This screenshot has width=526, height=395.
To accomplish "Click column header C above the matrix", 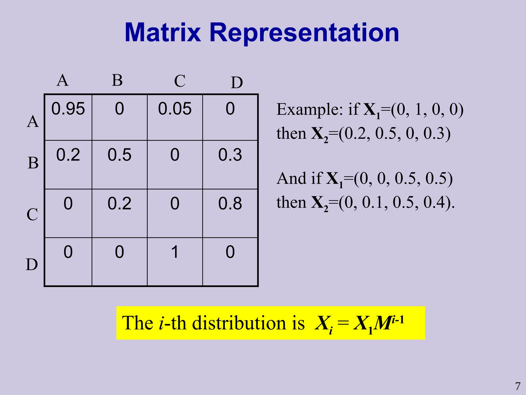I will (180, 81).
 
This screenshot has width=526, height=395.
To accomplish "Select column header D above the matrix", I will (237, 83).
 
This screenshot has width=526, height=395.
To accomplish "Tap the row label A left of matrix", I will (33, 121).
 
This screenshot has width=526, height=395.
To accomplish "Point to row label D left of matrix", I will (32, 264).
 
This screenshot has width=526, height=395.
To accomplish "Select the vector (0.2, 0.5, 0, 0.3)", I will (394, 133).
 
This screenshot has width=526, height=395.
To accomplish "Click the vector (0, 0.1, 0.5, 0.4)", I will (396, 202).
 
